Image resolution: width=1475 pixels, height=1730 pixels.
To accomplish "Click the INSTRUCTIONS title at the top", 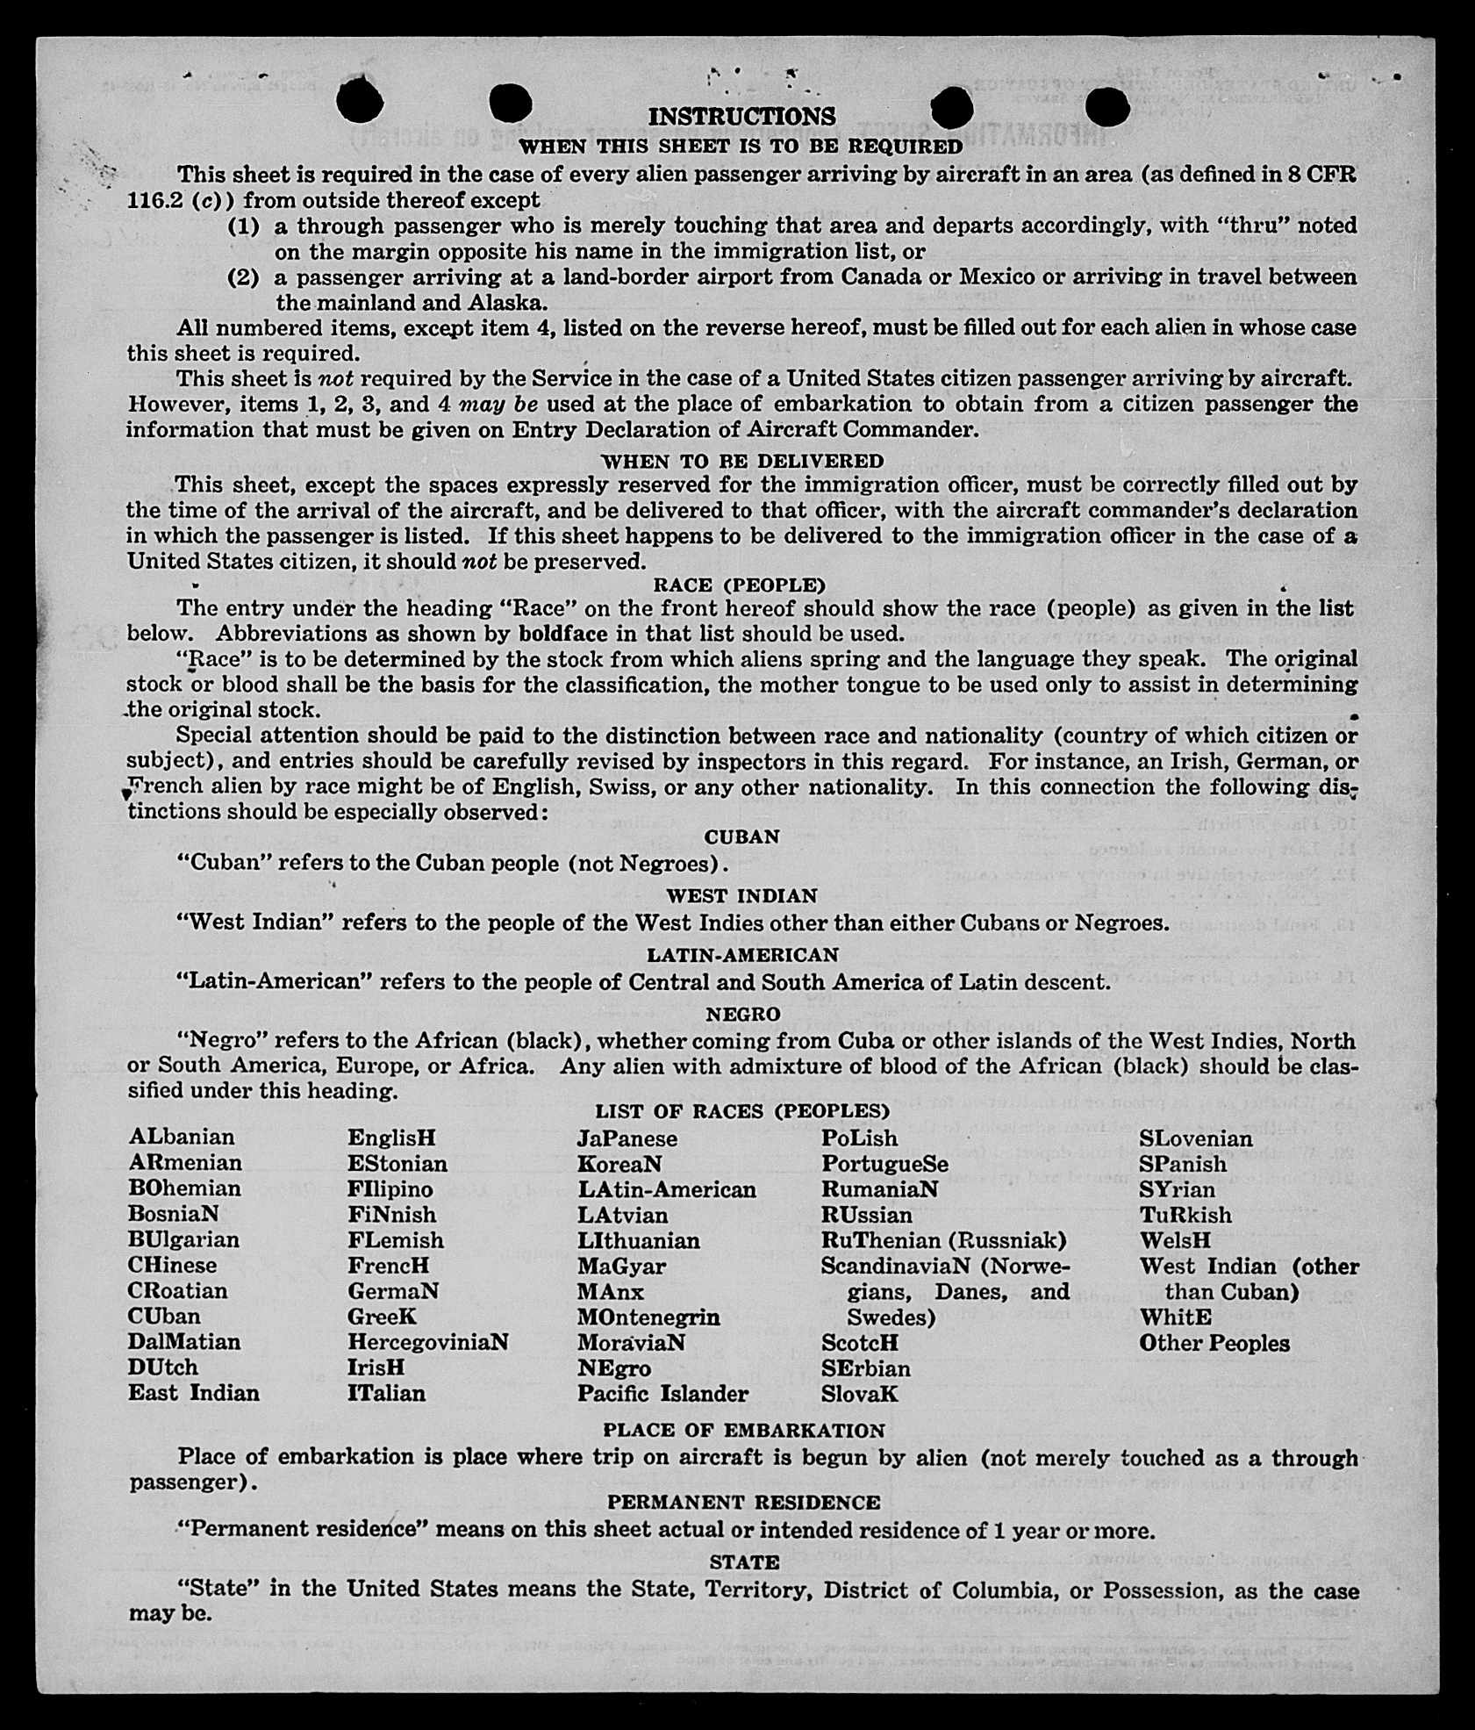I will (x=741, y=117).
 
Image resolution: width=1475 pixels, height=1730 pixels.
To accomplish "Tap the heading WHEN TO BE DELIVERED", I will (x=742, y=461).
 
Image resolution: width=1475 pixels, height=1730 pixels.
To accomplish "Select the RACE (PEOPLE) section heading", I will (x=739, y=585).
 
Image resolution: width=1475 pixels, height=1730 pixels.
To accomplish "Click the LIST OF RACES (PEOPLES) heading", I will (x=742, y=1111).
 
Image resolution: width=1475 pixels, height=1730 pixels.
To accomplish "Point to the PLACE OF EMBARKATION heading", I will (x=744, y=1430).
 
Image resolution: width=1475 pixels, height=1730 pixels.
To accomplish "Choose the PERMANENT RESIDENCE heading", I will (x=744, y=1502).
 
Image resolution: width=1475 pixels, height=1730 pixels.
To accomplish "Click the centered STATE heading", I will (x=744, y=1561).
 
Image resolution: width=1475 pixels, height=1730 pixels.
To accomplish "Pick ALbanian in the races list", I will (x=182, y=1137).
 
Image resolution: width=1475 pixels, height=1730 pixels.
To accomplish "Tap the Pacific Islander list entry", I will (x=662, y=1393).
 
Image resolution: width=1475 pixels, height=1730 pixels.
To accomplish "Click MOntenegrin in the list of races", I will (x=648, y=1317).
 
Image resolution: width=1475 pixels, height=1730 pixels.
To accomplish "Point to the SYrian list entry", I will (x=1178, y=1189).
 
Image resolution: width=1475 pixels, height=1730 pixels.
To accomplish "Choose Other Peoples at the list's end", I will (x=1214, y=1343).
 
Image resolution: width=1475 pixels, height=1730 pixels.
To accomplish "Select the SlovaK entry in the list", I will (x=860, y=1393).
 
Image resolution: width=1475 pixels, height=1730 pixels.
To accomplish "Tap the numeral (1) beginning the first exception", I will (x=244, y=226).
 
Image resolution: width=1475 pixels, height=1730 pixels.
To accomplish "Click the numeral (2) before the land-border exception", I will (x=244, y=277).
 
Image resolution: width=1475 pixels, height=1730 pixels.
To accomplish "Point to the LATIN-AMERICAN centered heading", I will (x=742, y=954).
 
